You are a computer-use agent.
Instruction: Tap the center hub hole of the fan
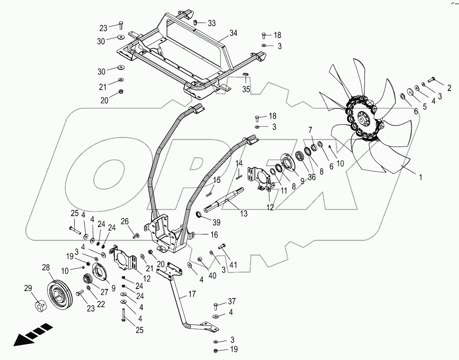pyautogui.click(x=362, y=118)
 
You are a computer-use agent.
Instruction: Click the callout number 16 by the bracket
pyautogui.click(x=214, y=235)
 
